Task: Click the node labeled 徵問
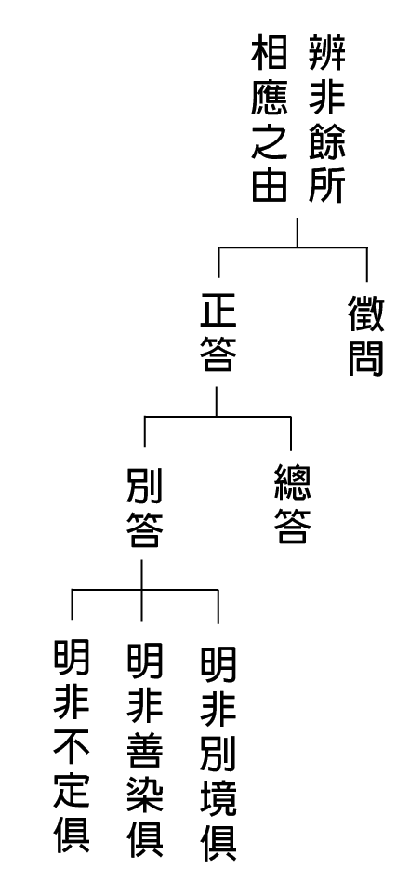tap(366, 336)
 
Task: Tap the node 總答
tap(293, 503)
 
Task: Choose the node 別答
tap(144, 507)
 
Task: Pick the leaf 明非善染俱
tap(144, 750)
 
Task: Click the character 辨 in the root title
tap(326, 51)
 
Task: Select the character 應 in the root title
tap(269, 96)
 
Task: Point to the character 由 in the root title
tap(269, 184)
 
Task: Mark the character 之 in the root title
tap(269, 140)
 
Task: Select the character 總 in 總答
tap(293, 483)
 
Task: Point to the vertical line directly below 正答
tap(216, 401)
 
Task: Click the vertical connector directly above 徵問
tap(366, 264)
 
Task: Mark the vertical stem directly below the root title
tap(298, 233)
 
